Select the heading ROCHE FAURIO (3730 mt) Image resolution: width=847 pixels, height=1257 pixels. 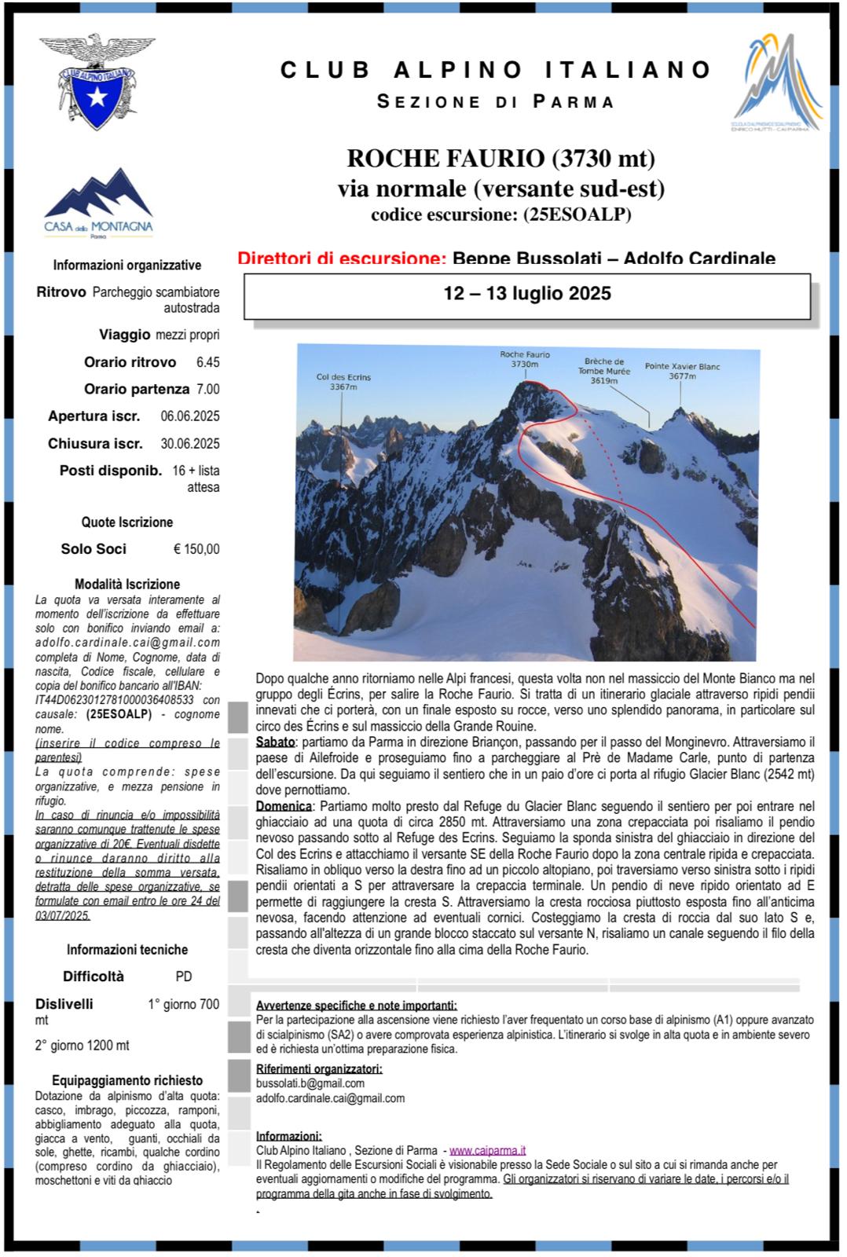pyautogui.click(x=501, y=159)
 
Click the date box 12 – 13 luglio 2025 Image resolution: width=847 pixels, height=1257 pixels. pyautogui.click(x=526, y=294)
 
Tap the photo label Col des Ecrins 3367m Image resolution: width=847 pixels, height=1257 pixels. pyautogui.click(x=343, y=382)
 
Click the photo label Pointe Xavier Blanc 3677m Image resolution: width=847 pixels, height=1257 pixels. pyautogui.click(x=682, y=371)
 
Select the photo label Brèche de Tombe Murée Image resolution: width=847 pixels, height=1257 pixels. pyautogui.click(x=603, y=371)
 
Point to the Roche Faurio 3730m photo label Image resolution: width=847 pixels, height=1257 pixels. pyautogui.click(x=525, y=359)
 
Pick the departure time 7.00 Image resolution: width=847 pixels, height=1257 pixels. pyautogui.click(x=207, y=389)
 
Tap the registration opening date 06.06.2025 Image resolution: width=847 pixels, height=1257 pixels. pyautogui.click(x=190, y=416)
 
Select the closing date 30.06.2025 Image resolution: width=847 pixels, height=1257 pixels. pyautogui.click(x=190, y=444)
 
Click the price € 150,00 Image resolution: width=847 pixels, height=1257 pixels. pyautogui.click(x=196, y=549)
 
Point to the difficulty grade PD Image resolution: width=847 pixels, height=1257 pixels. pyautogui.click(x=183, y=977)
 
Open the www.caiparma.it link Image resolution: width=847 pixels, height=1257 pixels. pyautogui.click(x=487, y=1150)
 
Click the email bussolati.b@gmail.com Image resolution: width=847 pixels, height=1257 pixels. pyautogui.click(x=310, y=1083)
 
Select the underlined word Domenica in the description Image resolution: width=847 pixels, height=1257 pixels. pyautogui.click(x=283, y=806)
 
